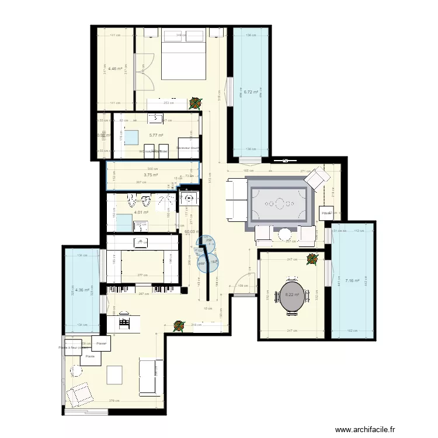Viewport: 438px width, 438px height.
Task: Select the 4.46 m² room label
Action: click(x=115, y=68)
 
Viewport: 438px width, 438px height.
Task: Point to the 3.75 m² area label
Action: click(x=151, y=174)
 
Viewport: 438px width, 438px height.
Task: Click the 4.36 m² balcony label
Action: click(x=81, y=290)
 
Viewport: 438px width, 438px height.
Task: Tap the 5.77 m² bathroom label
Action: click(x=155, y=135)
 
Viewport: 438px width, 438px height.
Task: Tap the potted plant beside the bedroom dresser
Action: click(x=193, y=103)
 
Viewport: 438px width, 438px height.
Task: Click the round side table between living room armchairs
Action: click(x=284, y=234)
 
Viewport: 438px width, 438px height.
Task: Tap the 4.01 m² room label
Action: click(x=141, y=213)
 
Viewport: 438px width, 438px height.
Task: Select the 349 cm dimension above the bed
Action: click(x=181, y=35)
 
